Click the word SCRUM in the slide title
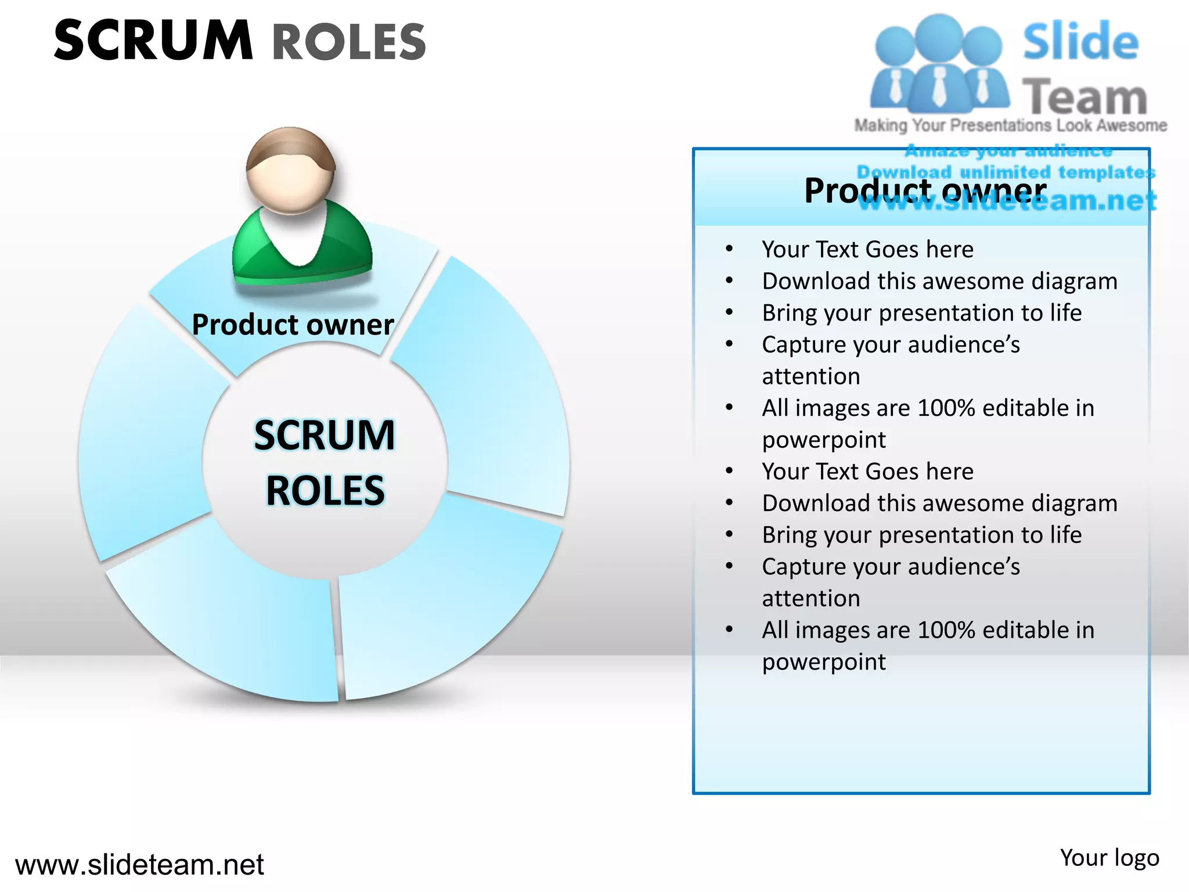(153, 41)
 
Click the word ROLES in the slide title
(349, 42)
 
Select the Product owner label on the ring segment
(293, 324)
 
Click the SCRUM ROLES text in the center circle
(325, 462)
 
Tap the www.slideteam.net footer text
(139, 864)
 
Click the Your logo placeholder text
(1109, 858)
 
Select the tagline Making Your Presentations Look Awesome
(1010, 125)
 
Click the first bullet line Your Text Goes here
(867, 249)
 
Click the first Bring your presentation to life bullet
(921, 312)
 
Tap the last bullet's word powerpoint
(824, 661)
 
